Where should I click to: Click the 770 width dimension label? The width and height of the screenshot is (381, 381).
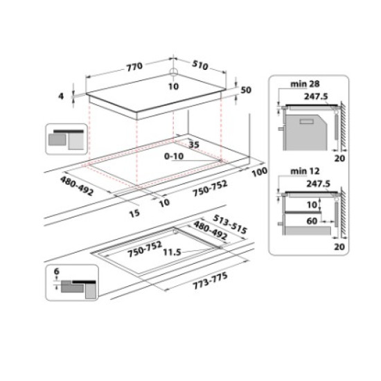(134, 67)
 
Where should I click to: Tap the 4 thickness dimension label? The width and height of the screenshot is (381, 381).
(61, 97)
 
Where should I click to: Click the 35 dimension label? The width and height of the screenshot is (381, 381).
(193, 145)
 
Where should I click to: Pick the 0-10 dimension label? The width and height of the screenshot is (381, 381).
(174, 157)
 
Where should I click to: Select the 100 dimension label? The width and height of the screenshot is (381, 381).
(260, 171)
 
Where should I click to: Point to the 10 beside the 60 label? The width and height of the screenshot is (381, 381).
(315, 204)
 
